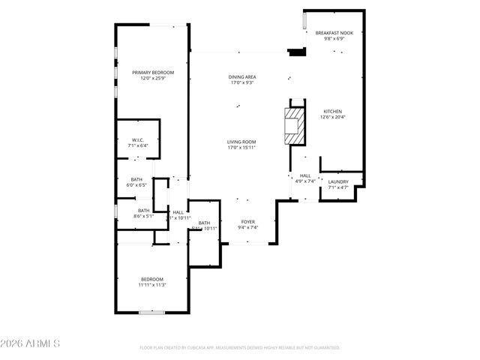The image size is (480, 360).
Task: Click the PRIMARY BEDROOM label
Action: [x=153, y=72]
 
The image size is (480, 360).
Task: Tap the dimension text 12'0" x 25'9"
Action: [x=153, y=78]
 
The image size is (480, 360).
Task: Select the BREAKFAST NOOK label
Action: [x=334, y=33]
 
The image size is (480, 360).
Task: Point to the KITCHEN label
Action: [x=333, y=110]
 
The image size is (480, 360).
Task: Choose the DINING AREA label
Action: [x=242, y=76]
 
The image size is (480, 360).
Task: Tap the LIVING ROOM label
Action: [x=242, y=141]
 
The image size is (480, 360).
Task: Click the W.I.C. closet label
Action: [x=138, y=139]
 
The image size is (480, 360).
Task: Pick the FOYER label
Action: [x=247, y=222]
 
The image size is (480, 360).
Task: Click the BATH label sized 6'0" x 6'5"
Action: [x=136, y=179]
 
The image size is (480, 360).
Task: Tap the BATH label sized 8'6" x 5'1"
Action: [x=143, y=211]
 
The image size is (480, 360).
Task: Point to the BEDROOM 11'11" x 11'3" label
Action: [x=151, y=279]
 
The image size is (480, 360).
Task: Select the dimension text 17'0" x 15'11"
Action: [x=242, y=147]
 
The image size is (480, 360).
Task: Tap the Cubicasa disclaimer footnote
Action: [x=240, y=348]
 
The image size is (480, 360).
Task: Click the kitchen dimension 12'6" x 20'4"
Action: [x=333, y=117]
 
